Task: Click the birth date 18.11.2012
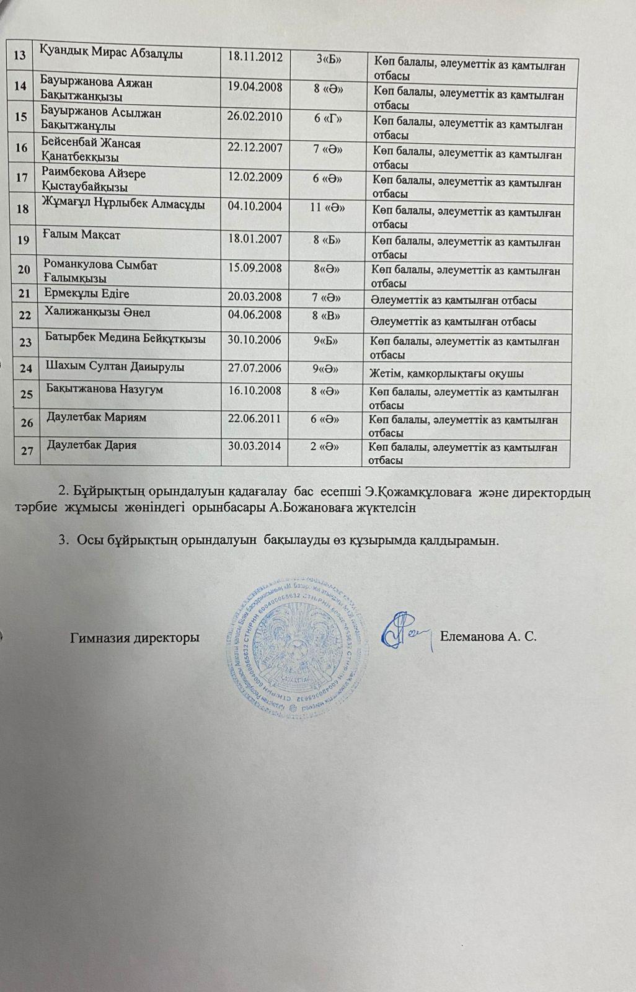[255, 57]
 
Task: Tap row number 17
[23, 177]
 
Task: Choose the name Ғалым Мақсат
[82, 236]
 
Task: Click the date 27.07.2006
[255, 368]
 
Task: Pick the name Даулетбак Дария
[92, 446]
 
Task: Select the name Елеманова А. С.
[487, 637]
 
